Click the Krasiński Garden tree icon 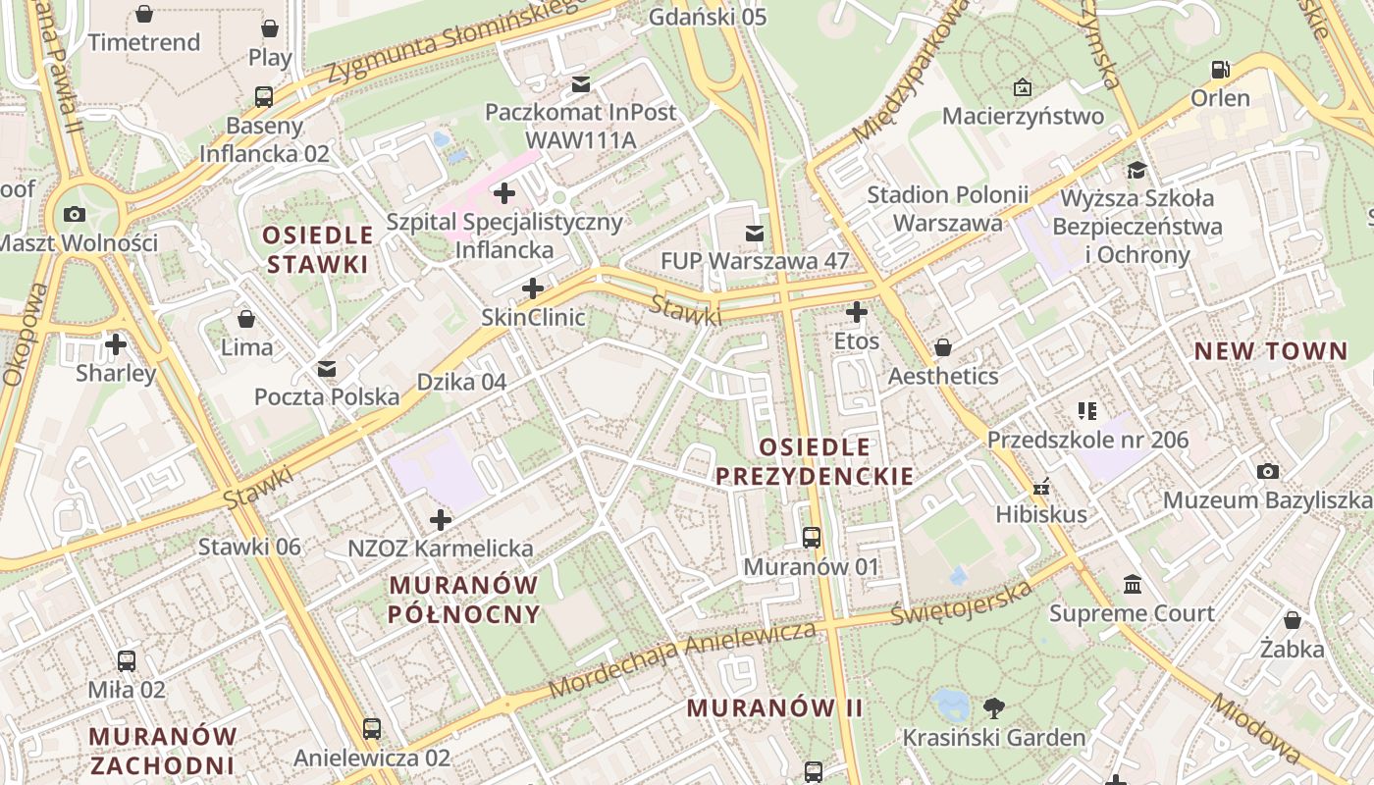(993, 707)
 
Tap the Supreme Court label (1132, 614)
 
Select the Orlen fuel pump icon (1220, 70)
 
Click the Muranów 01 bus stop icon (812, 537)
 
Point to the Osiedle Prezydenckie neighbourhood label (814, 462)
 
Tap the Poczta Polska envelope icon (327, 369)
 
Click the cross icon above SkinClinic (533, 288)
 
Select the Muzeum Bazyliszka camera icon (1267, 472)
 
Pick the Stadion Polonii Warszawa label (947, 209)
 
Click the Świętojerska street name (962, 602)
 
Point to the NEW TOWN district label (1270, 351)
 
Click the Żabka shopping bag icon (1293, 620)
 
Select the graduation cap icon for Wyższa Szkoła (1136, 170)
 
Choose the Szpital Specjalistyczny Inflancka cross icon (504, 192)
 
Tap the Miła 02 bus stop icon (127, 661)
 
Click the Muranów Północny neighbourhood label (464, 600)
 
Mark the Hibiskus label (1040, 514)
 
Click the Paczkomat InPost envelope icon (581, 83)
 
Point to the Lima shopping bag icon (246, 319)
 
